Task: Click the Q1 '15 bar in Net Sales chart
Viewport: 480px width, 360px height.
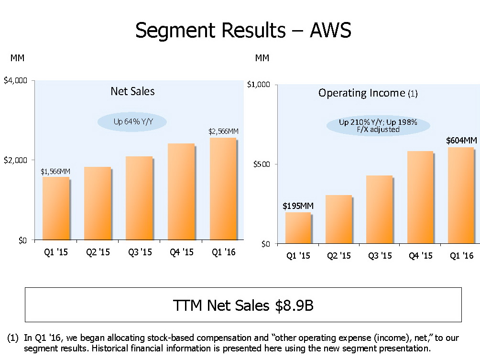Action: pyautogui.click(x=56, y=208)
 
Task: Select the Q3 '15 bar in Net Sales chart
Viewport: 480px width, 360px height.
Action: pyautogui.click(x=139, y=198)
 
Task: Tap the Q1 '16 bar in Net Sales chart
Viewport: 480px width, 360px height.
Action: pyautogui.click(x=223, y=189)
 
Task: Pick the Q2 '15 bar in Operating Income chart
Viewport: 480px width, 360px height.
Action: pyautogui.click(x=339, y=219)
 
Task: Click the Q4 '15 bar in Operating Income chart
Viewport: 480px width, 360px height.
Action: pyautogui.click(x=420, y=197)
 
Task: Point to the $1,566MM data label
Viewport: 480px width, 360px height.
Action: pyautogui.click(x=55, y=171)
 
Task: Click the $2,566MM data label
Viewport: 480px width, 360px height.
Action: pyautogui.click(x=223, y=131)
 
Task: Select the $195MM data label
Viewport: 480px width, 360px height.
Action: pyautogui.click(x=298, y=206)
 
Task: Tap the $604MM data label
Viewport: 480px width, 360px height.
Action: pyautogui.click(x=461, y=141)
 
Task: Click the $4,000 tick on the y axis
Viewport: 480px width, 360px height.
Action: pyautogui.click(x=15, y=80)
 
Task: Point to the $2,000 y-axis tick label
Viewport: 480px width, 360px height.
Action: pyautogui.click(x=15, y=160)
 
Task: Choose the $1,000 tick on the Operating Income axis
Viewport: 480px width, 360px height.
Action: pyautogui.click(x=259, y=85)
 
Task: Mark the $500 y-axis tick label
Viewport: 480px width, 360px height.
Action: pyautogui.click(x=262, y=164)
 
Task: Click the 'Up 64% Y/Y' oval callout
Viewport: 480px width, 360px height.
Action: pyautogui.click(x=132, y=122)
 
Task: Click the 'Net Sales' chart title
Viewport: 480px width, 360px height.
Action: pyautogui.click(x=132, y=91)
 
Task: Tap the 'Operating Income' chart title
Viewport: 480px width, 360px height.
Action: pyautogui.click(x=362, y=93)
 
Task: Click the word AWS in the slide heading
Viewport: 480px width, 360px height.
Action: pyautogui.click(x=330, y=31)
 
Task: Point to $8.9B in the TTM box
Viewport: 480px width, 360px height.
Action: pyautogui.click(x=295, y=305)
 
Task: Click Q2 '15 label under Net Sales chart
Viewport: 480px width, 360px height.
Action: pyautogui.click(x=98, y=252)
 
